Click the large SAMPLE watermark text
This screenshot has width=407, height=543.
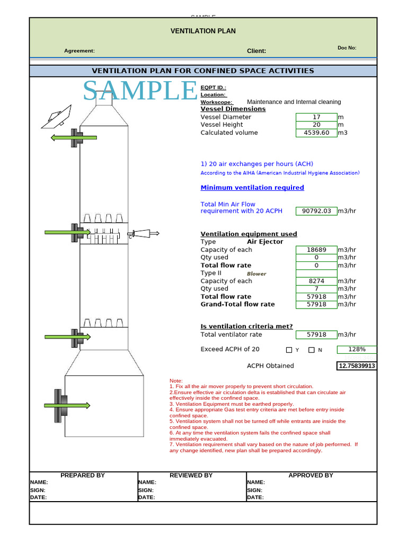(140, 91)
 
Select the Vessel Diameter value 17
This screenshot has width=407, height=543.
(316, 117)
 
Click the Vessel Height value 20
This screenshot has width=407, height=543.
(316, 125)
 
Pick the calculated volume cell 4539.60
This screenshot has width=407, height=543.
(316, 133)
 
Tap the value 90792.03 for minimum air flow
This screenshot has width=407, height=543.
(316, 211)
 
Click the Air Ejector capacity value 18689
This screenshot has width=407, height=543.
(316, 250)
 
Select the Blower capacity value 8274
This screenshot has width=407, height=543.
(316, 281)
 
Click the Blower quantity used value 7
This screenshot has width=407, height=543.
(316, 289)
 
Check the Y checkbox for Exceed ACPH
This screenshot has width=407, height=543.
(289, 350)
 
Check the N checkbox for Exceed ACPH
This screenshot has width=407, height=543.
(312, 350)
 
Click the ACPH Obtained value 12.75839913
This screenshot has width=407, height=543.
(357, 366)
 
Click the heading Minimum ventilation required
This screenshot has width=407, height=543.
(252, 188)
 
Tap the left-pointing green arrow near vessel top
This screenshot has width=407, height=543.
(74, 138)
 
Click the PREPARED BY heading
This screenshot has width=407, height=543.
(83, 476)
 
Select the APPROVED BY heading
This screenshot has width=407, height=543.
(311, 476)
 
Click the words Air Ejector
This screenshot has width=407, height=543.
(265, 242)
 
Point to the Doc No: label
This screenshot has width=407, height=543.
(347, 48)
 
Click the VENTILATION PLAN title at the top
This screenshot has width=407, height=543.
(203, 31)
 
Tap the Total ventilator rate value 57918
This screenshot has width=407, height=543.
(316, 335)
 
